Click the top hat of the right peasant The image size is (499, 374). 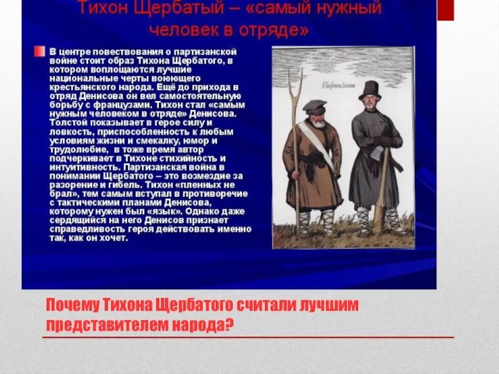coord(369,89)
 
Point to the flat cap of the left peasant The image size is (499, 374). coord(314,106)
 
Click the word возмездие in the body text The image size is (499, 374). coord(200,176)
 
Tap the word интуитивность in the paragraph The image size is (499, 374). coord(82,168)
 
